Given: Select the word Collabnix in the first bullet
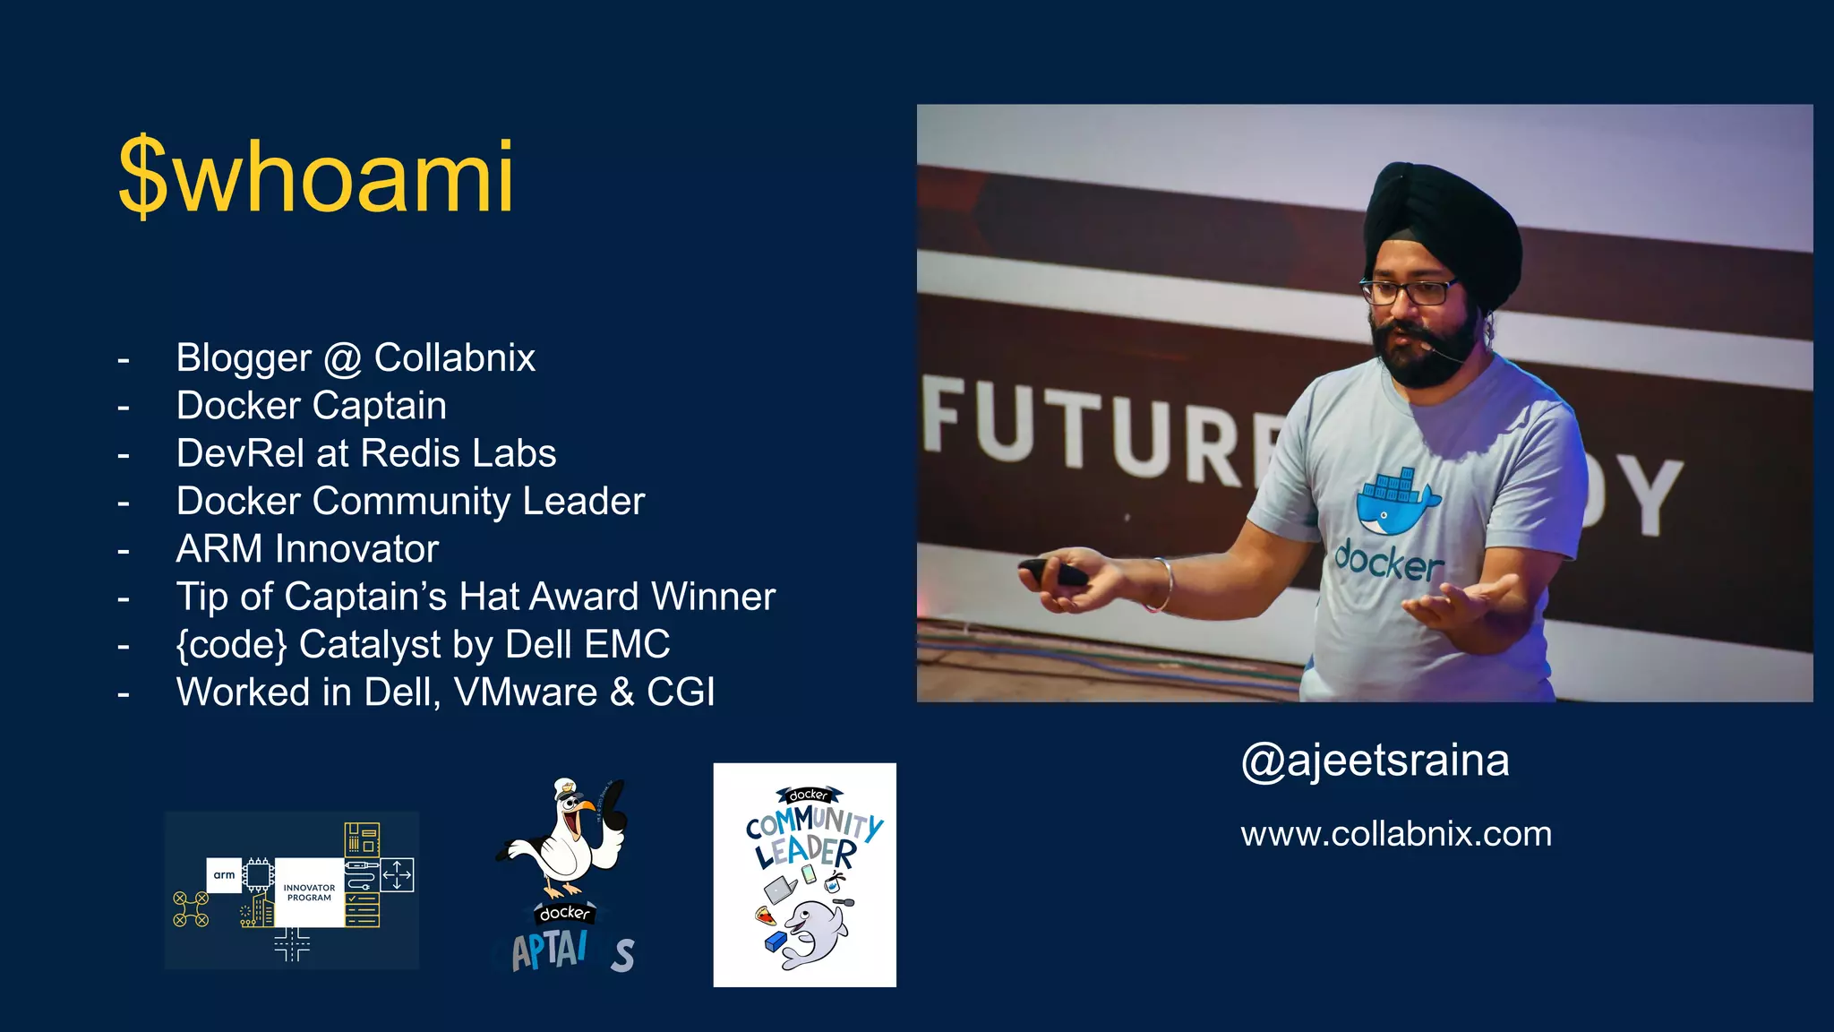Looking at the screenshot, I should tap(454, 357).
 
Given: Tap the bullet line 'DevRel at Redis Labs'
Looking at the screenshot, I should tap(365, 453).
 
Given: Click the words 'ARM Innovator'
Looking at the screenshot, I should tap(307, 548).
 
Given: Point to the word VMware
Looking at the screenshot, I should tap(526, 692).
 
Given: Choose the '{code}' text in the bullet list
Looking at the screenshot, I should tap(231, 644).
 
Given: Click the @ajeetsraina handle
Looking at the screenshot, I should tap(1375, 761).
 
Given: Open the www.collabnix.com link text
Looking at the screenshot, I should tap(1395, 834).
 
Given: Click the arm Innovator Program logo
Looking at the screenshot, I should tap(292, 890).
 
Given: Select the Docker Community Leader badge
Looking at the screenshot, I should tap(804, 874).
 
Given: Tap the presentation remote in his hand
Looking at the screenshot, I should tap(1052, 572).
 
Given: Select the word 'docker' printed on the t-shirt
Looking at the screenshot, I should tap(1389, 561).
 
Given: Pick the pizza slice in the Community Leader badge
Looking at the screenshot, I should tap(765, 916).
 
